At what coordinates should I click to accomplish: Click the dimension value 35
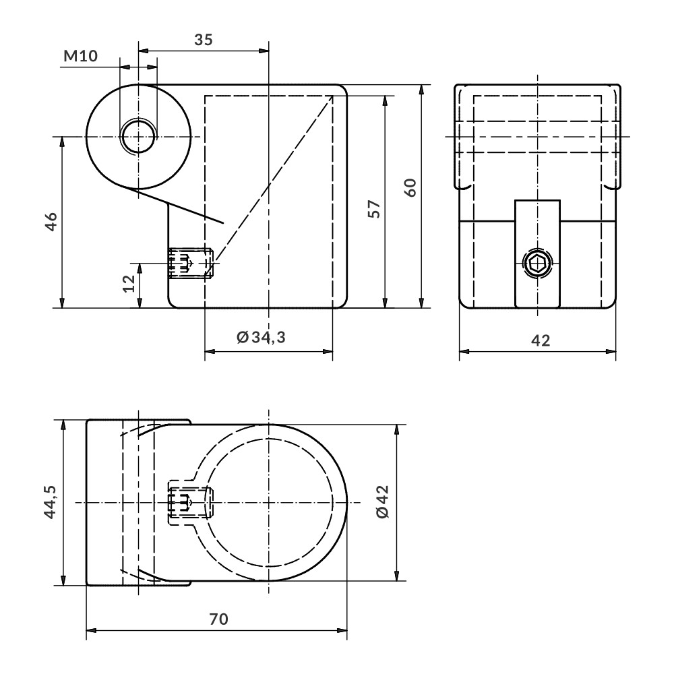pyautogui.click(x=203, y=39)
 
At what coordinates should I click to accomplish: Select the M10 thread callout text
pyautogui.click(x=80, y=56)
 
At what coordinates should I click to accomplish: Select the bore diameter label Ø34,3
pyautogui.click(x=261, y=337)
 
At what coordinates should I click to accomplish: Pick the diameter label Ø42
pyautogui.click(x=384, y=503)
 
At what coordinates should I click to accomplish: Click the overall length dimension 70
pyautogui.click(x=217, y=619)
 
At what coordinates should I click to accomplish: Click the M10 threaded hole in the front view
pyautogui.click(x=137, y=137)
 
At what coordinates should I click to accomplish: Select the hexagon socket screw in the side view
pyautogui.click(x=537, y=264)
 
